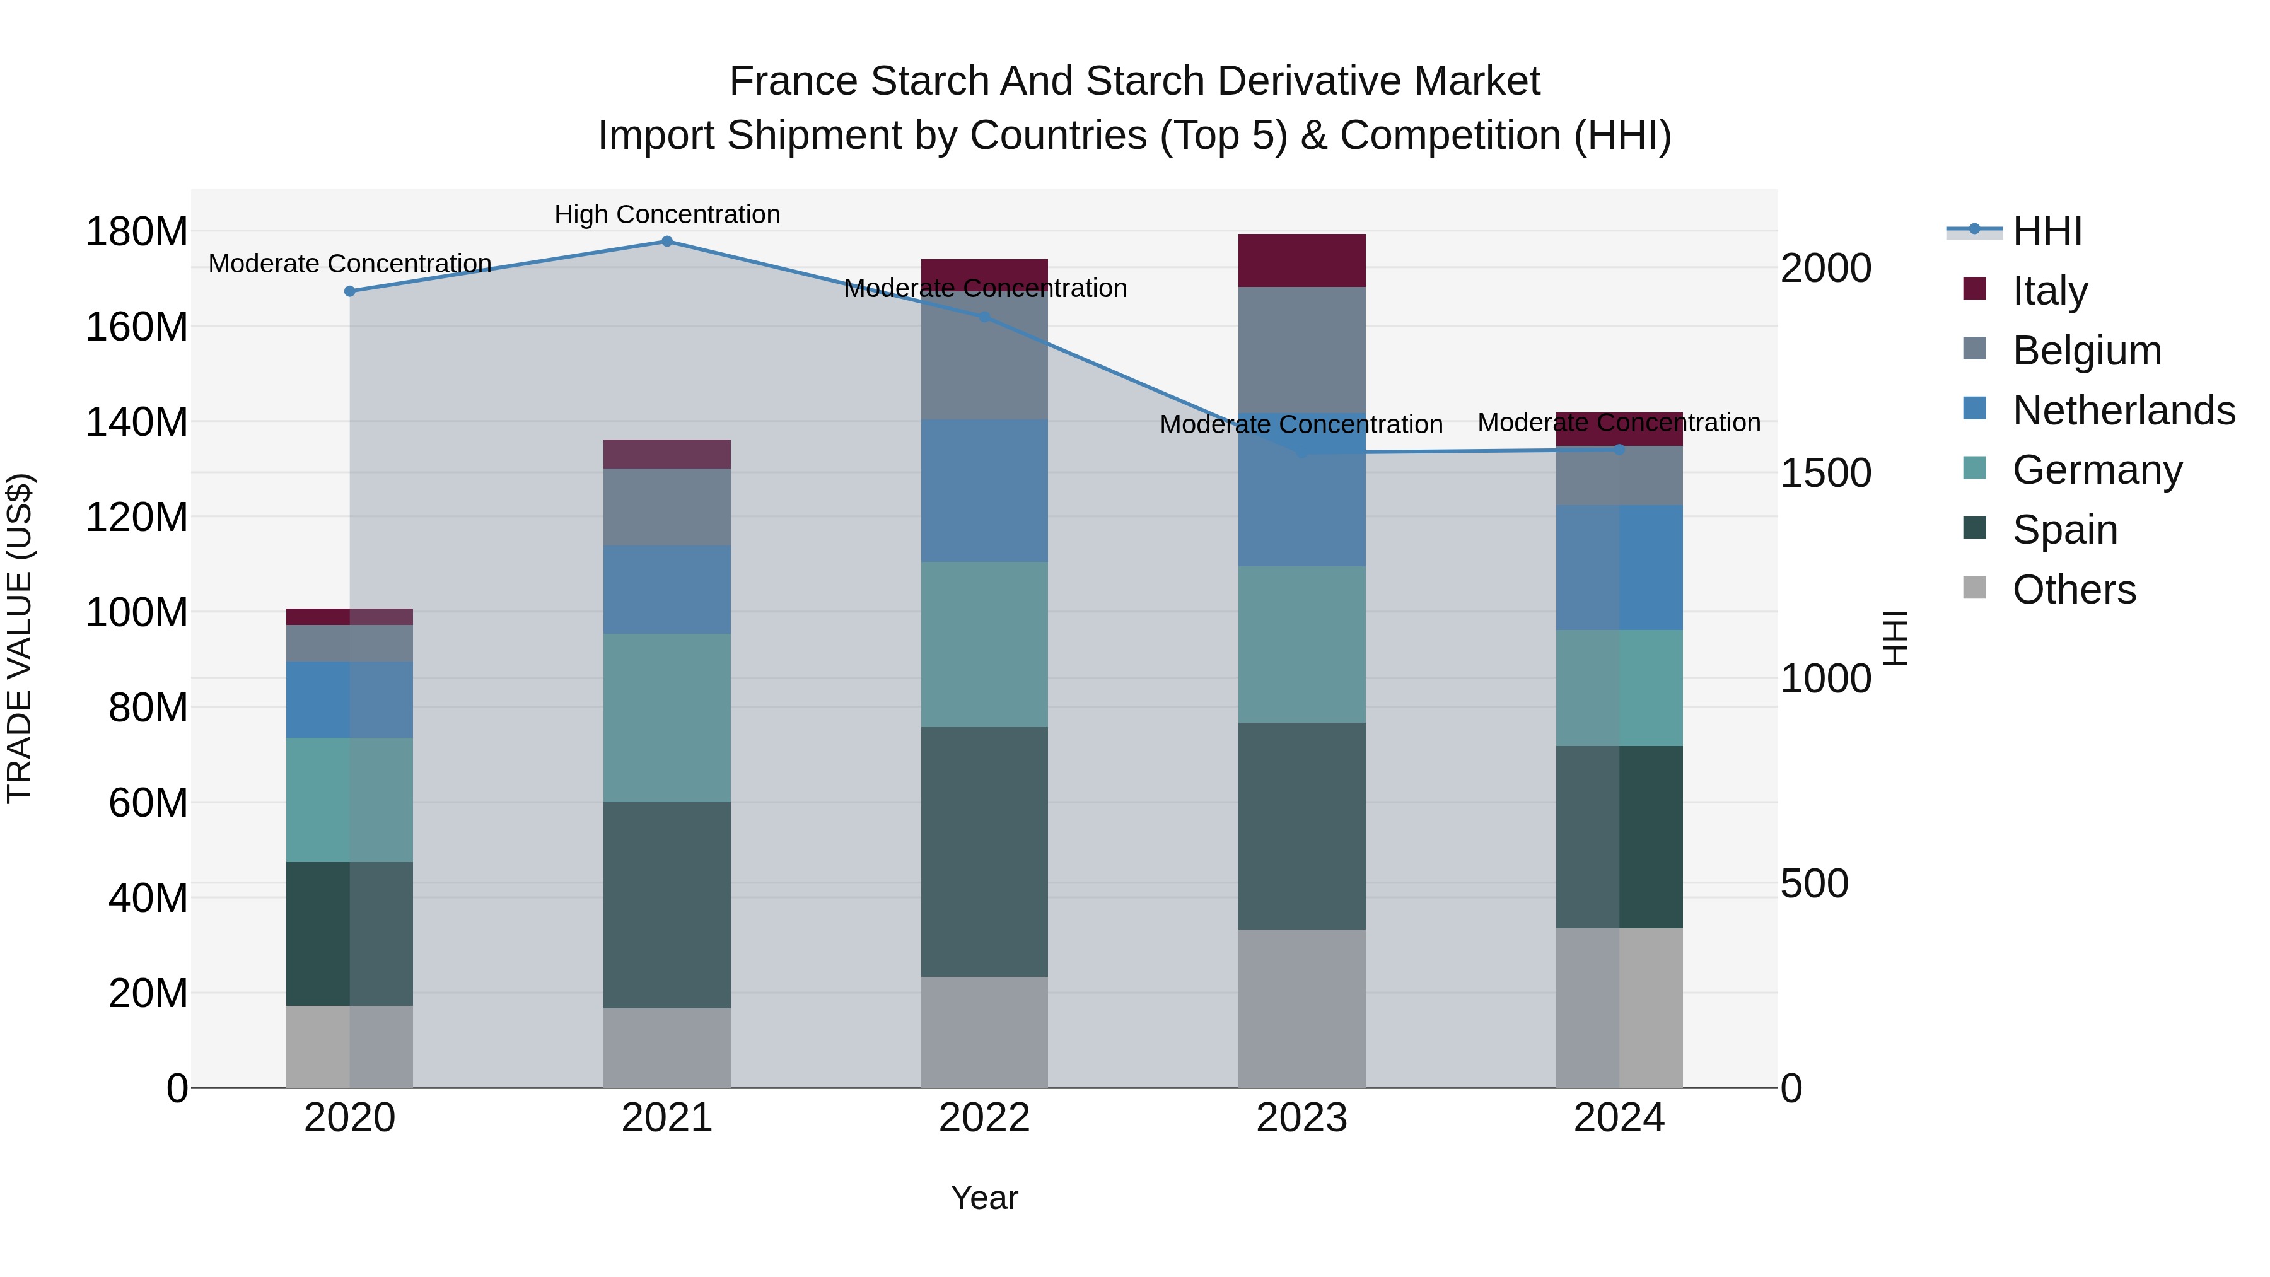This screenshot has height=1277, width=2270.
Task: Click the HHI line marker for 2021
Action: click(667, 242)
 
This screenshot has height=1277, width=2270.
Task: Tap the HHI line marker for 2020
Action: click(350, 291)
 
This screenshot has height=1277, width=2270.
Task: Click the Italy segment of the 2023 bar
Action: click(1301, 261)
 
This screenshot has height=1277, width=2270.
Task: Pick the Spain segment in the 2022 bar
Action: click(984, 851)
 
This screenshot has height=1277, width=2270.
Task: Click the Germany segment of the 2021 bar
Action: click(667, 718)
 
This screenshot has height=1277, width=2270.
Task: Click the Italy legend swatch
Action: click(1975, 289)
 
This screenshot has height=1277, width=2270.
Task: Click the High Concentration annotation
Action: click(667, 214)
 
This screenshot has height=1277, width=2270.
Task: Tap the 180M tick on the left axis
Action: click(137, 232)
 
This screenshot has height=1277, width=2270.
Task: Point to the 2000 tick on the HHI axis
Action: click(1825, 268)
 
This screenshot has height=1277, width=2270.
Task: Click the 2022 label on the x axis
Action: click(984, 1118)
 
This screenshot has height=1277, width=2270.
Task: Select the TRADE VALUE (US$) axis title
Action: click(20, 638)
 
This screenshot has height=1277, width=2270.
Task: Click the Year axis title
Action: click(984, 1198)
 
